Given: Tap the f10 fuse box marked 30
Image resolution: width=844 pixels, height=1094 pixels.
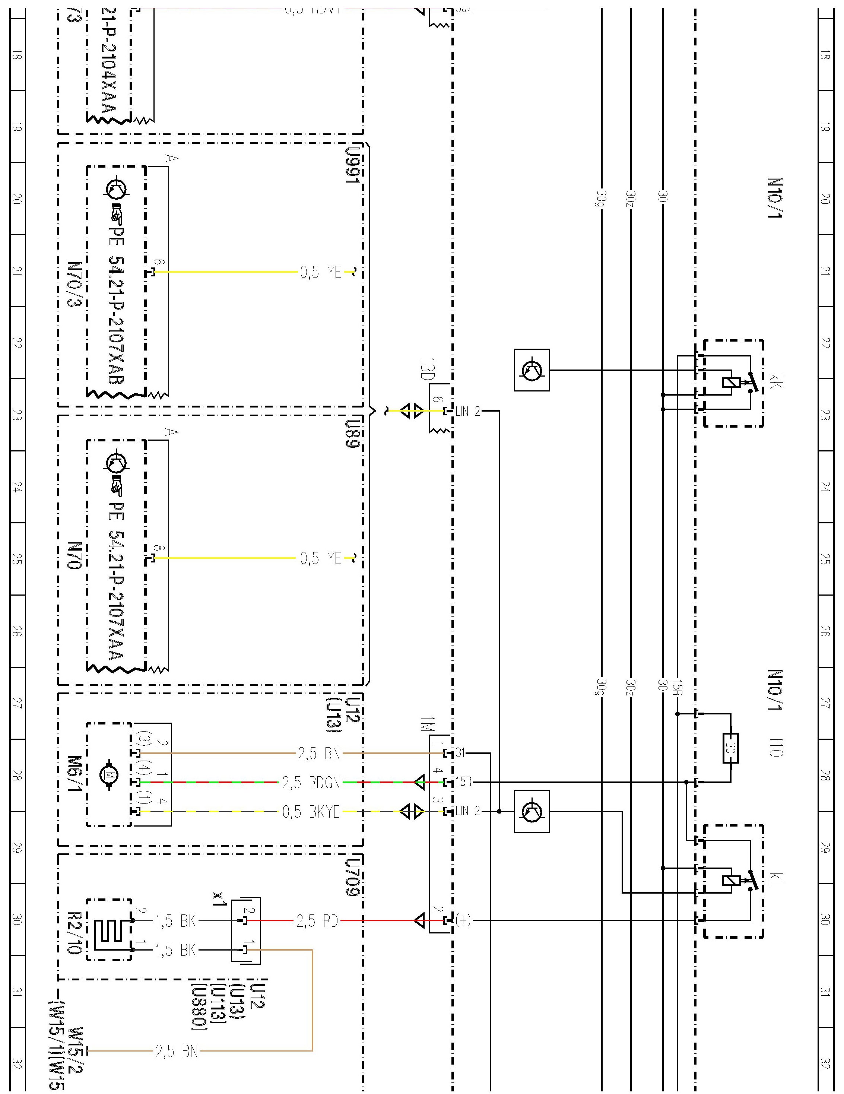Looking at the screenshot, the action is tap(730, 748).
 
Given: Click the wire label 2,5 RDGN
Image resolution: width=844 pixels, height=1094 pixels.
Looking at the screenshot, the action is tap(311, 783).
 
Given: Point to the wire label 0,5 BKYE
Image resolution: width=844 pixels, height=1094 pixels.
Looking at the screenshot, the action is tap(311, 812).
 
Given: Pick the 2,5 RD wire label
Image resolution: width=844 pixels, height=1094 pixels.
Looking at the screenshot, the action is tap(317, 921).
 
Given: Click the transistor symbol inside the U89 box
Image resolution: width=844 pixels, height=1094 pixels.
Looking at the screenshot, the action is tap(116, 463).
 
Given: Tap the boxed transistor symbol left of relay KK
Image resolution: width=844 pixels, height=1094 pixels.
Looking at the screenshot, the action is tap(532, 370).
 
